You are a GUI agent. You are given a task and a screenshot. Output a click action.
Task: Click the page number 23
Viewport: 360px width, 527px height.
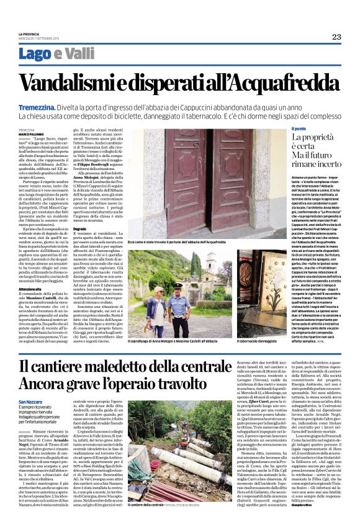coord(336,37)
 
